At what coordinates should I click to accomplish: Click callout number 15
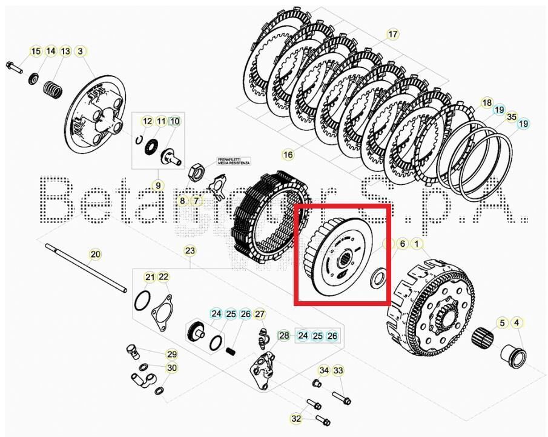pyautogui.click(x=36, y=52)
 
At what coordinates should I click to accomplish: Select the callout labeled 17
pyautogui.click(x=393, y=34)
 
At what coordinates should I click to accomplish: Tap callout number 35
pyautogui.click(x=512, y=117)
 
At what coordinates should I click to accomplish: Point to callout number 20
pyautogui.click(x=95, y=255)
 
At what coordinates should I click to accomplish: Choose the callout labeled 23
pyautogui.click(x=190, y=250)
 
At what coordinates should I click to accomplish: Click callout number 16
pyautogui.click(x=288, y=155)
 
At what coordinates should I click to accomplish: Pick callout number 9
pyautogui.click(x=157, y=185)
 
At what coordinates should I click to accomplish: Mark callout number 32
pyautogui.click(x=296, y=418)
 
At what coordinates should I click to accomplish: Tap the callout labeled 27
pyautogui.click(x=259, y=314)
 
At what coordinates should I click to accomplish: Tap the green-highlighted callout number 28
pyautogui.click(x=284, y=335)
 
